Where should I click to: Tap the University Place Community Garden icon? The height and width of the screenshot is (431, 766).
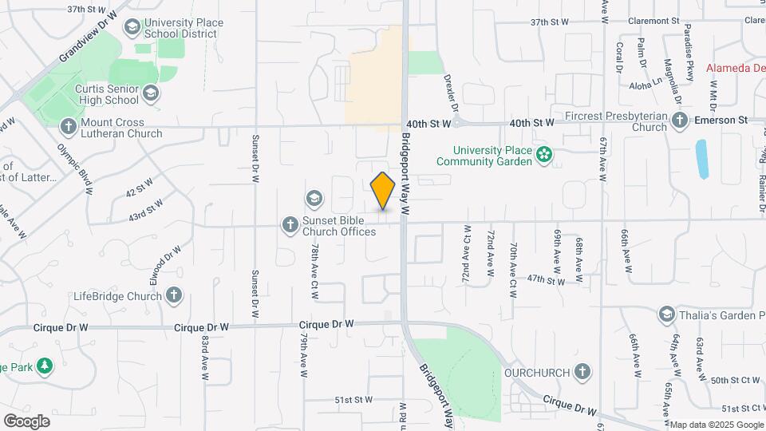click(x=544, y=154)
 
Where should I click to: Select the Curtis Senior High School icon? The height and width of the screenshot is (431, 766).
click(x=150, y=94)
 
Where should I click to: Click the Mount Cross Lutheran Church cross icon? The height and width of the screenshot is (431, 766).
click(x=69, y=126)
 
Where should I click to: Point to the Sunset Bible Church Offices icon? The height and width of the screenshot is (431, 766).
click(x=290, y=225)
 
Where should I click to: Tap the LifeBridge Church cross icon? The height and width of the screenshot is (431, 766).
click(x=173, y=296)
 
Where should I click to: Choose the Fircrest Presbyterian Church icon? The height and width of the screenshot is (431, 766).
click(x=680, y=121)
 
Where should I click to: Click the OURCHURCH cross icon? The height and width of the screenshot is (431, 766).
click(x=583, y=372)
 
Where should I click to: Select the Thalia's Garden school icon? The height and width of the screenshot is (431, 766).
click(x=666, y=314)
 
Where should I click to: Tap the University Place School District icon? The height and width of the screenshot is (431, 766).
click(x=132, y=28)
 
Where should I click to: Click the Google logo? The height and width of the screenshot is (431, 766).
click(x=26, y=421)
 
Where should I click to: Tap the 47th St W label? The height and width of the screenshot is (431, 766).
click(x=546, y=280)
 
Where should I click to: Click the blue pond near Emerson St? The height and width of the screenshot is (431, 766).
click(x=701, y=159)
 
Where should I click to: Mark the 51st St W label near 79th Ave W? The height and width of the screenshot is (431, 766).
click(x=353, y=399)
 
